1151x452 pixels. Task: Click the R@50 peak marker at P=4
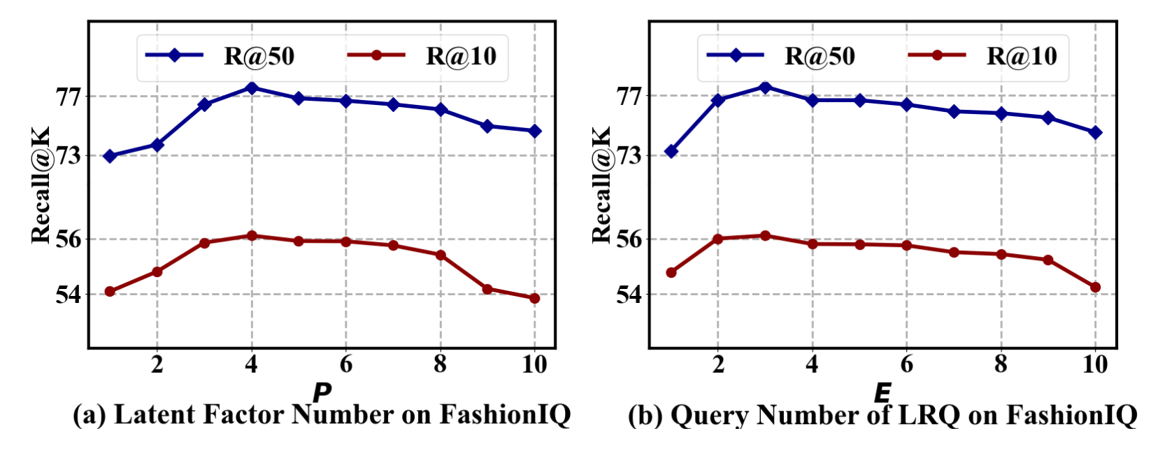pyautogui.click(x=251, y=87)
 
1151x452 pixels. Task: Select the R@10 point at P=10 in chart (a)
pyautogui.click(x=535, y=298)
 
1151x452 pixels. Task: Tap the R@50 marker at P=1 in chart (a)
pyautogui.click(x=110, y=156)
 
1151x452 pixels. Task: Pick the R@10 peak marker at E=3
pyautogui.click(x=765, y=236)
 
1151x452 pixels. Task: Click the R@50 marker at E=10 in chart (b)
pyautogui.click(x=1096, y=132)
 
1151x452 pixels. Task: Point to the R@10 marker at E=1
pyautogui.click(x=671, y=272)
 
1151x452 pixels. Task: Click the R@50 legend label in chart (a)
pyautogui.click(x=259, y=57)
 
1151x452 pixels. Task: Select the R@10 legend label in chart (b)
pyautogui.click(x=1022, y=57)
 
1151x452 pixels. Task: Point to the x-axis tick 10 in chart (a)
pyautogui.click(x=535, y=365)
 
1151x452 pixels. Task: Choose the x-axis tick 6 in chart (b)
pyautogui.click(x=907, y=365)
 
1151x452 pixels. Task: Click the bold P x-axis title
pyautogui.click(x=322, y=393)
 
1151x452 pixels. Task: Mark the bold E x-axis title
pyautogui.click(x=882, y=393)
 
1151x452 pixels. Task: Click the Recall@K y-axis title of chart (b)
pyautogui.click(x=601, y=185)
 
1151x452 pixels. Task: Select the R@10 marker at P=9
pyautogui.click(x=487, y=288)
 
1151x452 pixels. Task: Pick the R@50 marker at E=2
pyautogui.click(x=718, y=100)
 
